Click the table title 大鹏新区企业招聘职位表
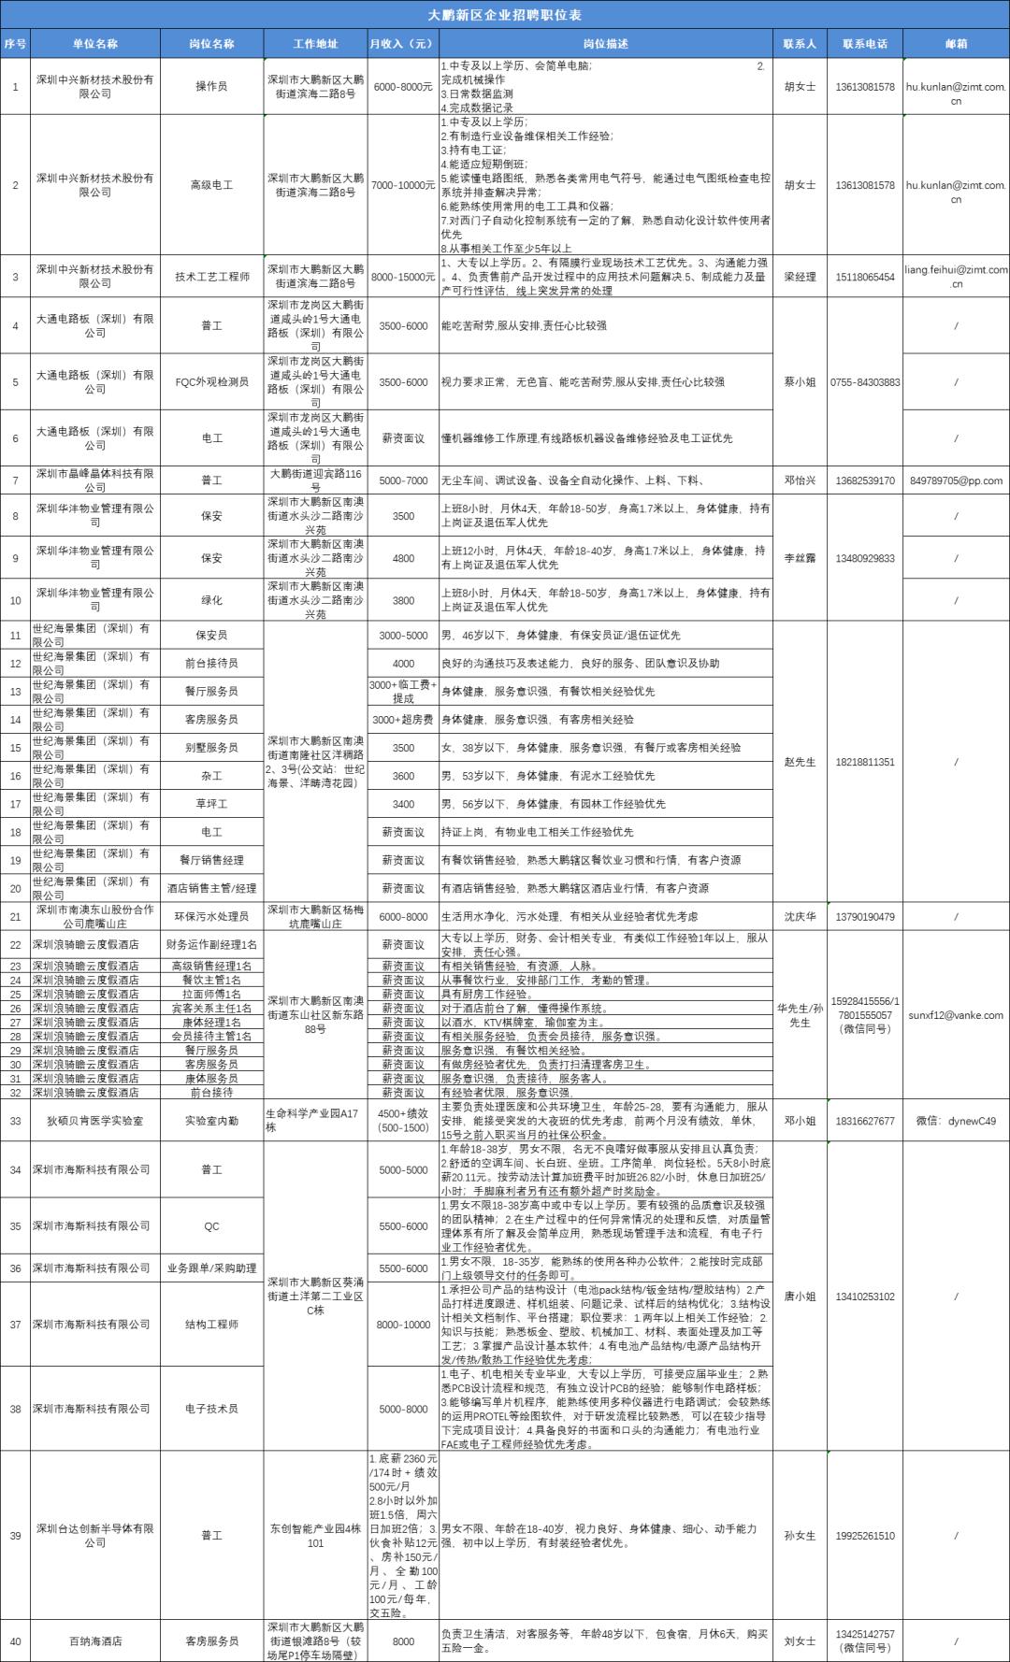[505, 15]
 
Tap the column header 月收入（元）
[402, 44]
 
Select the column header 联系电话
[865, 44]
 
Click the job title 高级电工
[211, 185]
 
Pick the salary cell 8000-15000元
[403, 277]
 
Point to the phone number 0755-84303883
[865, 382]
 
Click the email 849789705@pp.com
[956, 480]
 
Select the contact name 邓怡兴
[800, 480]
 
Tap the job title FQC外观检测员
[211, 382]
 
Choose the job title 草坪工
[211, 804]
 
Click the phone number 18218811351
[865, 762]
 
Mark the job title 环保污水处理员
[211, 917]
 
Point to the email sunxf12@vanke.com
[956, 1015]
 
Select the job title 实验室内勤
[211, 1121]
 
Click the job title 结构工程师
[211, 1325]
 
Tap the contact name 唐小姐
[800, 1297]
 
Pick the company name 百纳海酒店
[95, 1641]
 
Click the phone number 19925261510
[865, 1536]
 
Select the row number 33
[15, 1121]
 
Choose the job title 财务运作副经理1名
[211, 945]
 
